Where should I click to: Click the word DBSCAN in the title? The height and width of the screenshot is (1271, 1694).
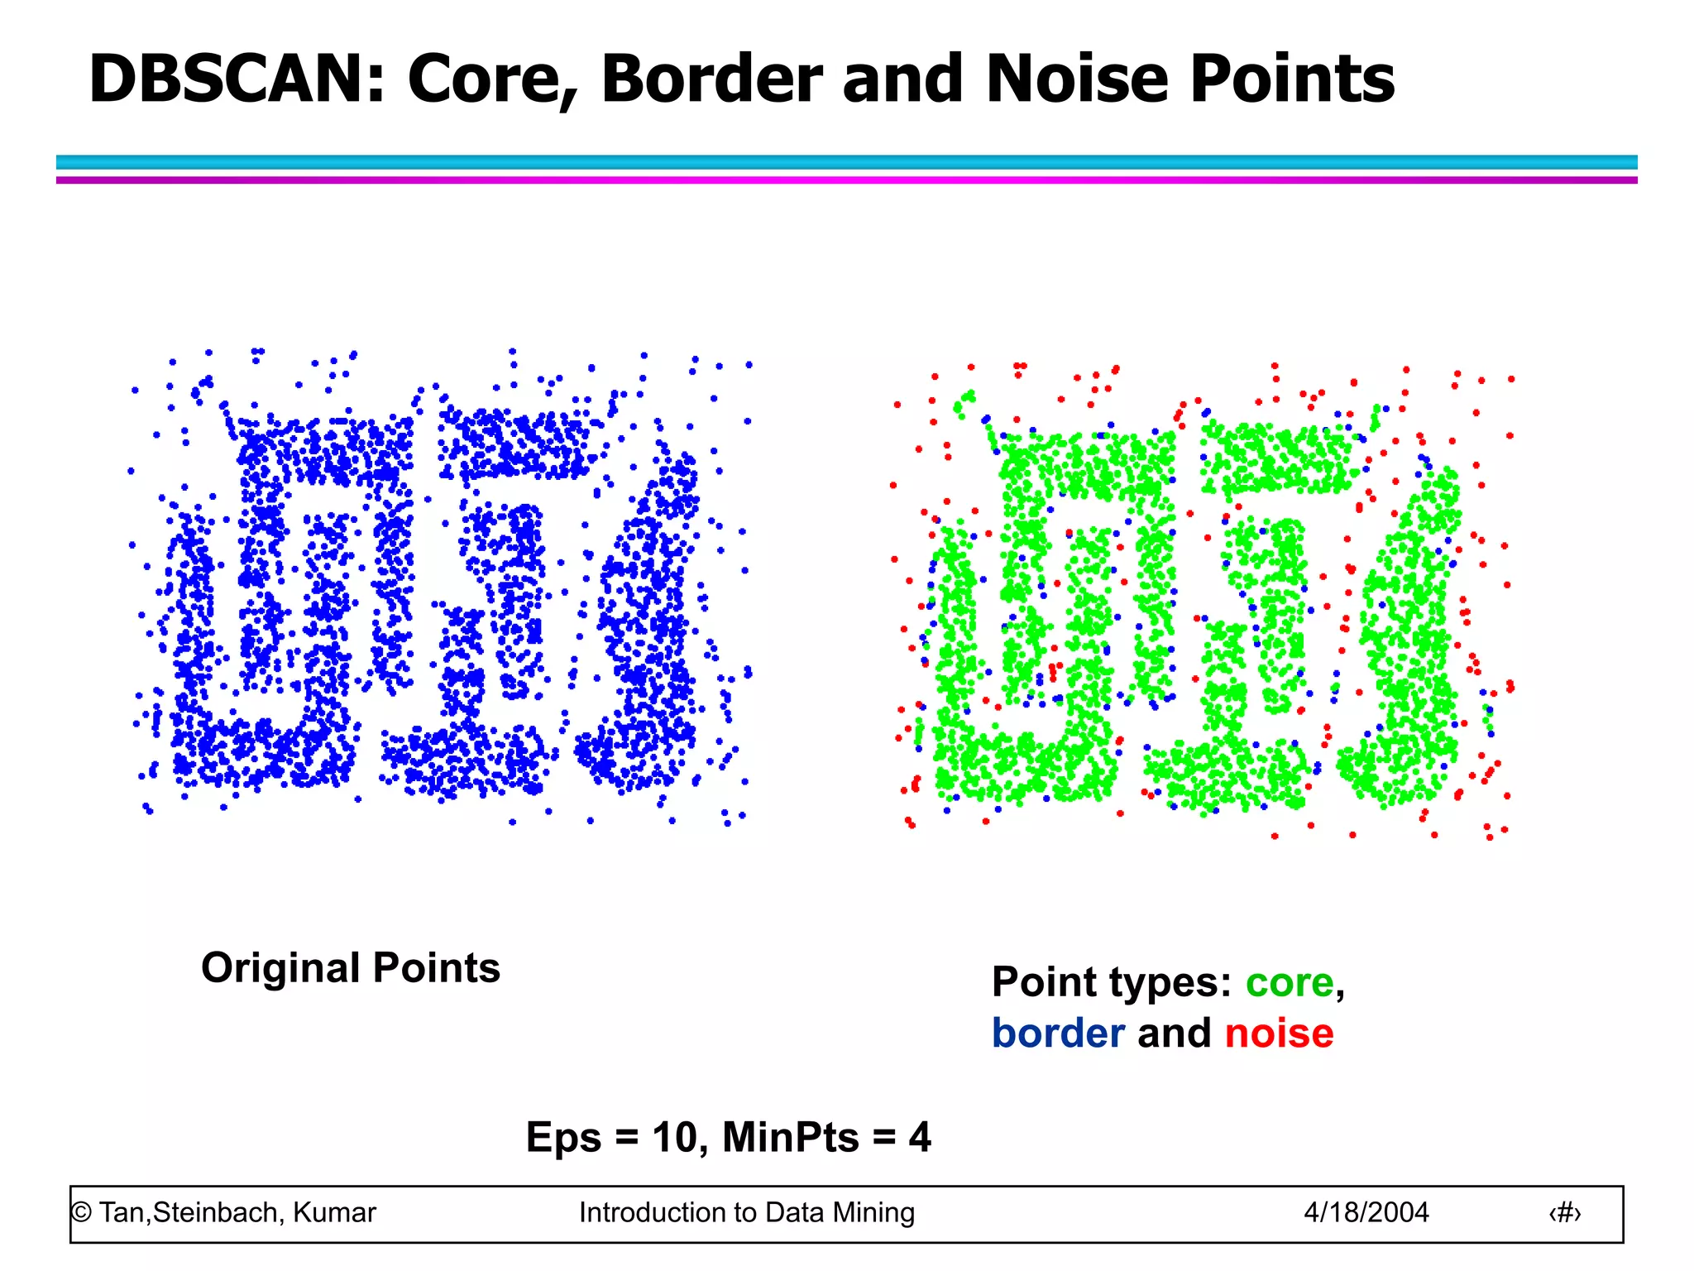pyautogui.click(x=237, y=79)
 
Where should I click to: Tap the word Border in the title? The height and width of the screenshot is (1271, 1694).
pyautogui.click(x=711, y=79)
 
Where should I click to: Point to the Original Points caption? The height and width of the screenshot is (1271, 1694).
pyautogui.click(x=351, y=968)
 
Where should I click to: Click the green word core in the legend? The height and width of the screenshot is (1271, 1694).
pyautogui.click(x=1290, y=983)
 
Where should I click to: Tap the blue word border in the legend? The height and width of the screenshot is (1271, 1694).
pyautogui.click(x=1058, y=1034)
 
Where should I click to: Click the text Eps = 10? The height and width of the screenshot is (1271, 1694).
pyautogui.click(x=612, y=1137)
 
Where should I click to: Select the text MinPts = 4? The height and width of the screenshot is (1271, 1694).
pyautogui.click(x=826, y=1137)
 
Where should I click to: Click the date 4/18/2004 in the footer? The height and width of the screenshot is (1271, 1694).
pyautogui.click(x=1366, y=1212)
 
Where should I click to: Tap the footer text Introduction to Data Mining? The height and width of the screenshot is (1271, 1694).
pyautogui.click(x=747, y=1212)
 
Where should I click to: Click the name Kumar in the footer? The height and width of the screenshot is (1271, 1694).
pyautogui.click(x=334, y=1212)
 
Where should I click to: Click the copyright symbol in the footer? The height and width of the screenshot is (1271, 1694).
pyautogui.click(x=81, y=1213)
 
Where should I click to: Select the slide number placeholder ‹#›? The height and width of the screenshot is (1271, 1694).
pyautogui.click(x=1564, y=1213)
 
